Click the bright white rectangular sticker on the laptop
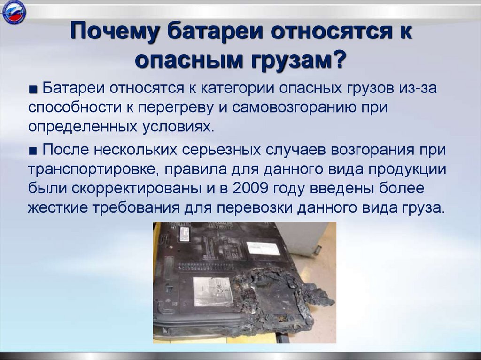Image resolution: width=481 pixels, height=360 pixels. (263, 248)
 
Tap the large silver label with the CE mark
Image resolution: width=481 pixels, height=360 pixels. (214, 291)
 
